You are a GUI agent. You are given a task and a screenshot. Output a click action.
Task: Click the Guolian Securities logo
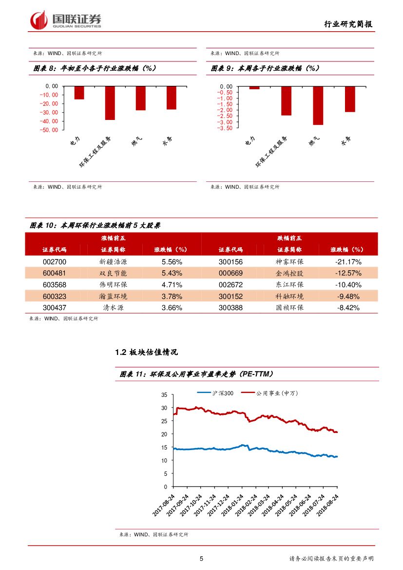(65, 20)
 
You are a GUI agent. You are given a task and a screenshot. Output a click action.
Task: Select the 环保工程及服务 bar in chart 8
(110, 103)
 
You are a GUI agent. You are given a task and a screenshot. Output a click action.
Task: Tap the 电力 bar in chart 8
(79, 93)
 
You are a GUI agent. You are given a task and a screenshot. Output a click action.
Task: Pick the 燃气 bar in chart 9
(318, 105)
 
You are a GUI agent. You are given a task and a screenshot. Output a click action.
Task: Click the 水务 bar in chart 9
(350, 99)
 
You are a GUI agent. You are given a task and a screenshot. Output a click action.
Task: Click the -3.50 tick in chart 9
(226, 128)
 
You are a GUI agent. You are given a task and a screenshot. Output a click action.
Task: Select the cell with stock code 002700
(55, 261)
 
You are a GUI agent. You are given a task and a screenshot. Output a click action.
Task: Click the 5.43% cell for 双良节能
(172, 273)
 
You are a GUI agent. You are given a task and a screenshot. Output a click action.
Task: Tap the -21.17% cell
(348, 261)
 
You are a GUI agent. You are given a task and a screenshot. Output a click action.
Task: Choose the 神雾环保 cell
(289, 261)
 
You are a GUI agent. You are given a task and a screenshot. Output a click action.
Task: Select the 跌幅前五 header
(289, 238)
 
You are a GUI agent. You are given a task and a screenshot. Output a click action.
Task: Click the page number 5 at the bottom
(201, 559)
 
